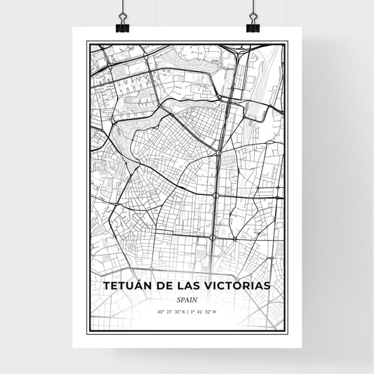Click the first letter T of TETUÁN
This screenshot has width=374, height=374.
click(106, 286)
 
